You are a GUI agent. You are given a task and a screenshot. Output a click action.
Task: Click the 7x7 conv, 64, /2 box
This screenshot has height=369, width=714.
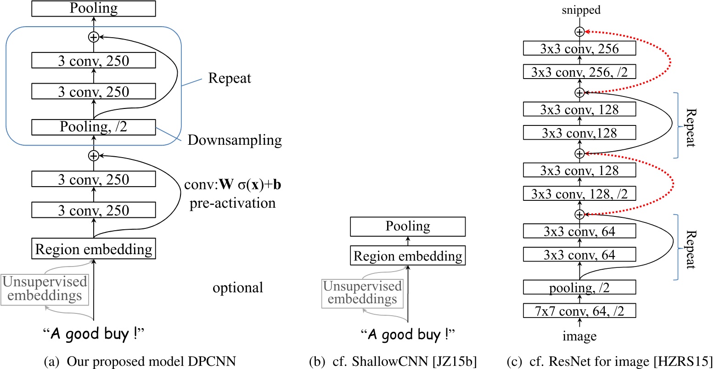pyautogui.click(x=579, y=311)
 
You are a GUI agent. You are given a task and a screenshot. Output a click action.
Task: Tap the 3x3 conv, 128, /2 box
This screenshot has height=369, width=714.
pyautogui.click(x=579, y=193)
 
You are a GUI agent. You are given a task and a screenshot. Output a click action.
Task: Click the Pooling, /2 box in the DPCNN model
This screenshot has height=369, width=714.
pyautogui.click(x=93, y=127)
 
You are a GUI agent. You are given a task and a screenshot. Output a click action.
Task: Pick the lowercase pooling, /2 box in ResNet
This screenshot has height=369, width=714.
pyautogui.click(x=579, y=288)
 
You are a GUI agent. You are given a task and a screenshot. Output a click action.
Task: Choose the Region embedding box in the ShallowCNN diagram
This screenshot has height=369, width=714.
pyautogui.click(x=408, y=255)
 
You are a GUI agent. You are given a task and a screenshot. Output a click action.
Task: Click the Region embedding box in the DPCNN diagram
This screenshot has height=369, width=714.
pyautogui.click(x=93, y=249)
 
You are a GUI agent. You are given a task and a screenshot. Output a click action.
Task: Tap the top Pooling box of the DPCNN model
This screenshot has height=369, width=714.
pyautogui.click(x=93, y=8)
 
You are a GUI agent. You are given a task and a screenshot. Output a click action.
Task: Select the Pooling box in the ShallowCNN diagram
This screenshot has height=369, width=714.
pyautogui.click(x=408, y=227)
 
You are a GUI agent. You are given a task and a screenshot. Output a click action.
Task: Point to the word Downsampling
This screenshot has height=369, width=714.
pyautogui.click(x=234, y=141)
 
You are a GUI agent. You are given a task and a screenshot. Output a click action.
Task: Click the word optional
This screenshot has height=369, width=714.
pyautogui.click(x=238, y=288)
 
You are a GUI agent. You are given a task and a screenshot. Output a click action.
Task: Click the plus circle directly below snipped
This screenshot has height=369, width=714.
pyautogui.click(x=579, y=31)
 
